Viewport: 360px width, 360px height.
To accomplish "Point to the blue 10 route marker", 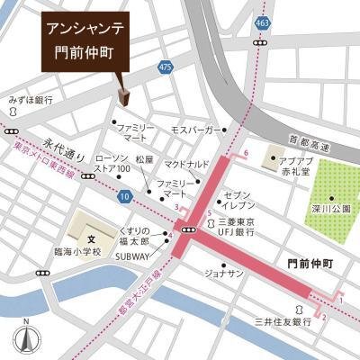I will tap(123, 195).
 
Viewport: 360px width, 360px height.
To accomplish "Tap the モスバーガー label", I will tap(191, 130).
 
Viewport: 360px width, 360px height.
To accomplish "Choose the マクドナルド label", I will tap(187, 164).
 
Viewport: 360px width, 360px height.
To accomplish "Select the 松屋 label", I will tap(145, 159).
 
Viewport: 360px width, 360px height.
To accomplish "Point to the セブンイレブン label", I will tap(240, 201).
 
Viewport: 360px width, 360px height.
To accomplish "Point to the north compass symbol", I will tap(27, 337).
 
